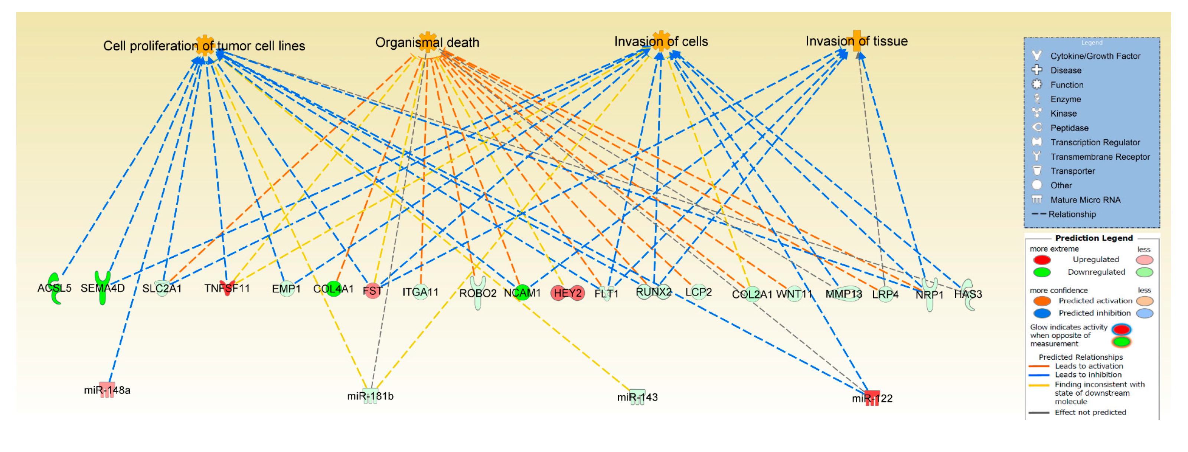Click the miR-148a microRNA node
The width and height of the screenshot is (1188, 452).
[107, 389]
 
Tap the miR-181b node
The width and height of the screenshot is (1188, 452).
[371, 395]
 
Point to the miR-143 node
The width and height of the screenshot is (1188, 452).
[637, 396]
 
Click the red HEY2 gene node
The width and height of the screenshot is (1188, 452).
[567, 293]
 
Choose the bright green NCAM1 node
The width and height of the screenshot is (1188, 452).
[522, 292]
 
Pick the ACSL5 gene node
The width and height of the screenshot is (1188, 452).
[55, 288]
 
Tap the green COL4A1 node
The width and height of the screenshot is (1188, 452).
[333, 288]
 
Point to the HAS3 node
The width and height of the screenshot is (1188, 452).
[968, 294]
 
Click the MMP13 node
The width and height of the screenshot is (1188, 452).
[843, 294]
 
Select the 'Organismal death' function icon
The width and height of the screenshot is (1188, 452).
[428, 42]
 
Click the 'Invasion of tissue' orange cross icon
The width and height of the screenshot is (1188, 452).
[856, 40]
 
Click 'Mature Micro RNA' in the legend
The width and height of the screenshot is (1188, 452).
[1085, 199]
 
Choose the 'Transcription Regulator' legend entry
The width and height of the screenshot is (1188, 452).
[1094, 142]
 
